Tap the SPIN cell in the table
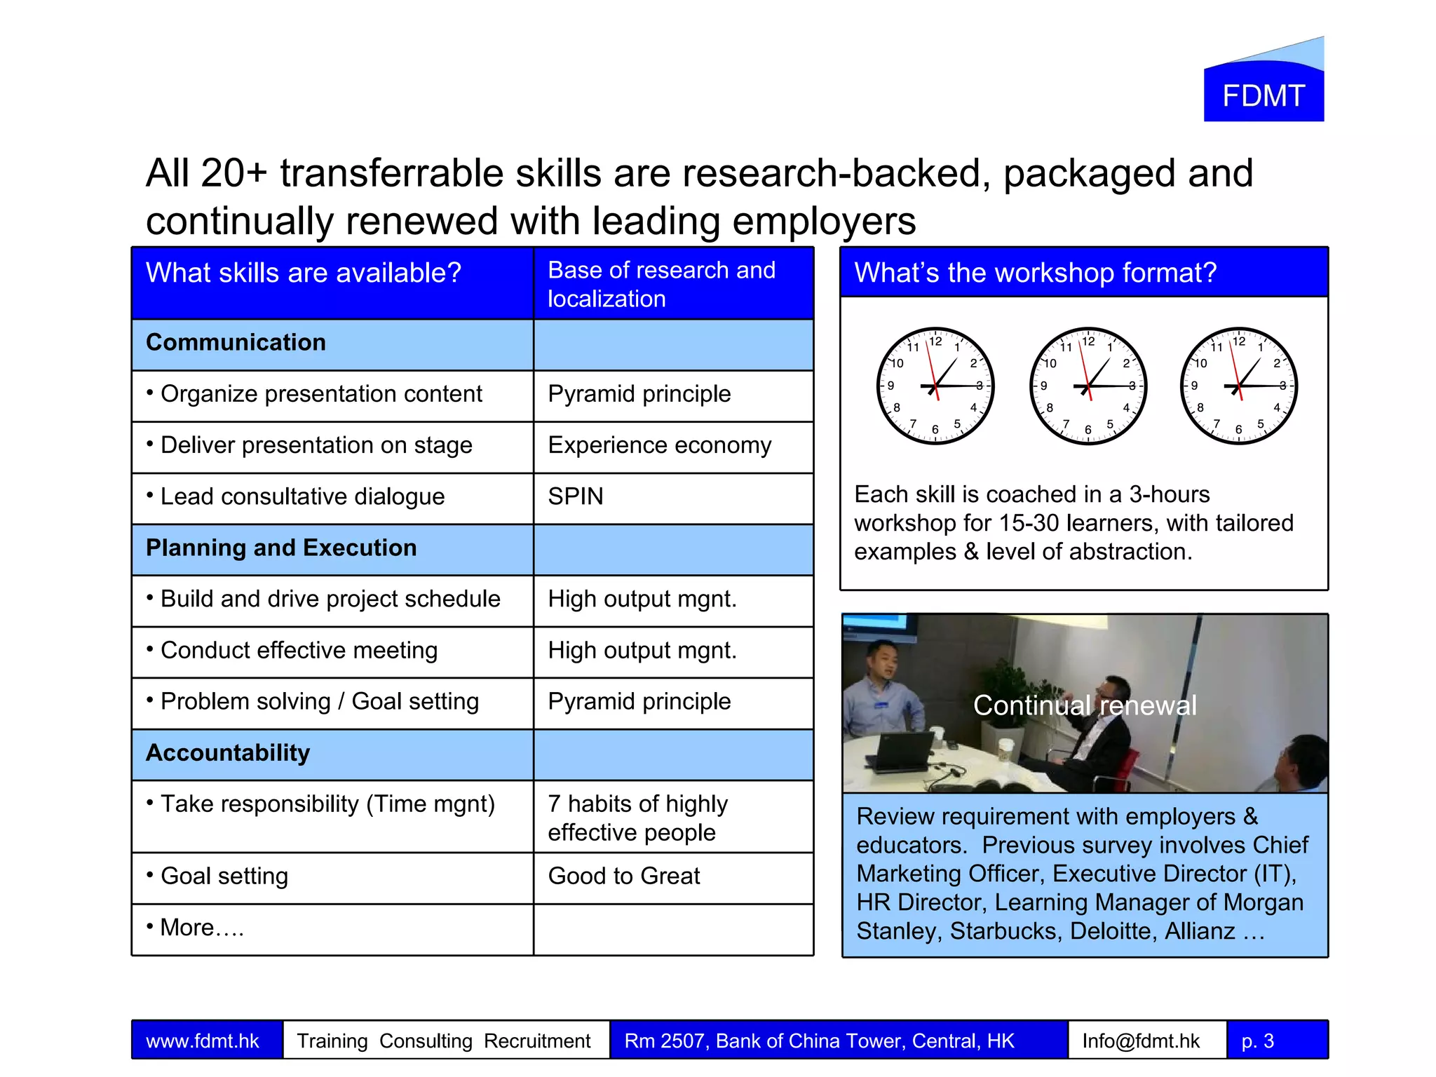click(576, 496)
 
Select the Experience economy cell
click(659, 445)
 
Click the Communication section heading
click(236, 342)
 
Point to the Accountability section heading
click(228, 753)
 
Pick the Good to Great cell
click(624, 876)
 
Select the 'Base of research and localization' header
click(661, 284)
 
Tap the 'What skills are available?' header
click(304, 273)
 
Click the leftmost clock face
click(935, 386)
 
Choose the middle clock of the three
click(1088, 386)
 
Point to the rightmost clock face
click(1239, 386)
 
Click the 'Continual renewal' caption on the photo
click(1085, 705)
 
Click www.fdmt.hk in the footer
click(203, 1041)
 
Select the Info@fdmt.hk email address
click(1141, 1041)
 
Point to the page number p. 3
click(1258, 1041)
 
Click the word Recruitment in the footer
click(537, 1041)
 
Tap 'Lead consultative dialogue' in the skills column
click(302, 496)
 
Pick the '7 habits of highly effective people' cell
click(638, 818)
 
